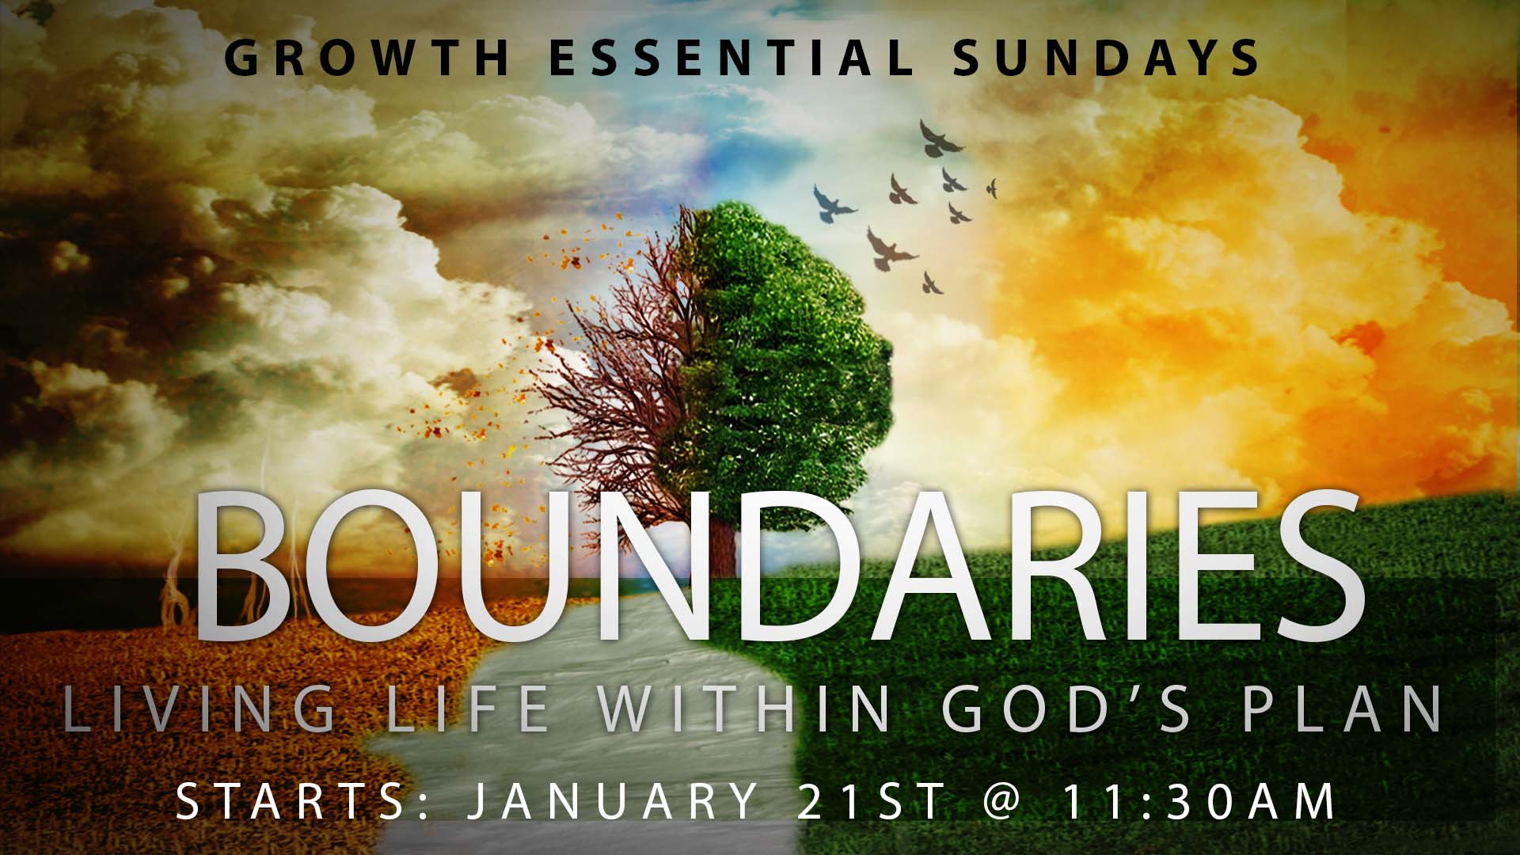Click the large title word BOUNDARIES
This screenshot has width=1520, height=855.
tap(781, 565)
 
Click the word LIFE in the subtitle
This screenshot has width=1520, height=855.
tap(467, 709)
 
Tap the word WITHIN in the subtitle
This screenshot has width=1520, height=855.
tap(745, 709)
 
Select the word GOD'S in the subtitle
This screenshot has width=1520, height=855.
tap(1066, 709)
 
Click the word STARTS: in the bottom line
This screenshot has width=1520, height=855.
tap(302, 800)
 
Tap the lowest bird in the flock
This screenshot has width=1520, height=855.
tap(932, 282)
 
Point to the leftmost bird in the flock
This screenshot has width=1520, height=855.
tap(834, 204)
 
